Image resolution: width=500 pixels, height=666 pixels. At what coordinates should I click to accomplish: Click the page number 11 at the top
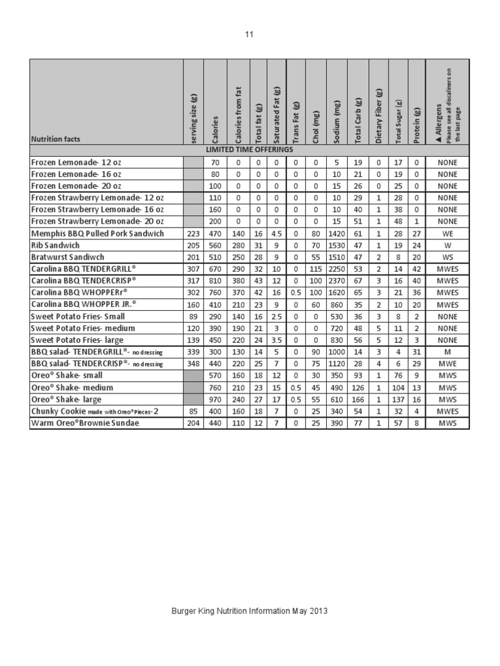coord(249,34)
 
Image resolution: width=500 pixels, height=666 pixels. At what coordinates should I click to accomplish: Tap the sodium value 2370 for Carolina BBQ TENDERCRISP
coord(337,280)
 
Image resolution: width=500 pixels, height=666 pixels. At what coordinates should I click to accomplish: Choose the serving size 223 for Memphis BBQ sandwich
coord(193,233)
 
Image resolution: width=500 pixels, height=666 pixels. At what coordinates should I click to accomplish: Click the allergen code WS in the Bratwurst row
coord(448,257)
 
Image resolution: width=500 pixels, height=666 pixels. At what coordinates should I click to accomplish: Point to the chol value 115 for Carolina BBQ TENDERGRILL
coord(316,269)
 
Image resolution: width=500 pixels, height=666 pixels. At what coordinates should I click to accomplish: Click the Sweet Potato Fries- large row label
coord(77,340)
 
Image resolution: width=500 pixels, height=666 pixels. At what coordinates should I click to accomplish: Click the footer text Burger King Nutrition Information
coord(249,611)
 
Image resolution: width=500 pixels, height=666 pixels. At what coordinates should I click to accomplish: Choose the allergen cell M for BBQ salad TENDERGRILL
coord(448,352)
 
